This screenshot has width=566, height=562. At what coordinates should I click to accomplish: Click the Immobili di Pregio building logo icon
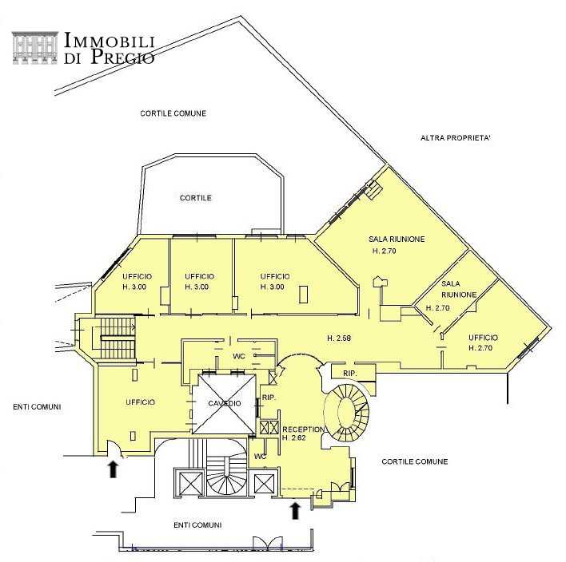35,48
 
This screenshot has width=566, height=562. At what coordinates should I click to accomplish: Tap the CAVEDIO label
225,403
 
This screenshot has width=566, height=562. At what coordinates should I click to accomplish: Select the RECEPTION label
304,429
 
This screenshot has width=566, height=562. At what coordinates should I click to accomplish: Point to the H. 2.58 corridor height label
339,338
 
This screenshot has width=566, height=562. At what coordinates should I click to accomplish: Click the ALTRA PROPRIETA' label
456,138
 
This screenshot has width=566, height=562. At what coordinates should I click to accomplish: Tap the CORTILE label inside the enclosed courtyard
196,198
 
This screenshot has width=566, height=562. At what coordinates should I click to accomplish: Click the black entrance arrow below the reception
296,511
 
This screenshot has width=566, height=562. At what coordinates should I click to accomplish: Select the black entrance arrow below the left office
114,469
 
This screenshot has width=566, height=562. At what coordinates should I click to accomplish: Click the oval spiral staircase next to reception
346,413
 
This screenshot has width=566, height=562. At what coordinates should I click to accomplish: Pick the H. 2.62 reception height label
294,438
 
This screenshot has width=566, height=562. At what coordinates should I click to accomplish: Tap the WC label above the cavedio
239,356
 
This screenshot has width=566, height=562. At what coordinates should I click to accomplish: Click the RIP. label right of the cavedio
269,398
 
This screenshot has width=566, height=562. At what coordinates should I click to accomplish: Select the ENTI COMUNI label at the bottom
197,525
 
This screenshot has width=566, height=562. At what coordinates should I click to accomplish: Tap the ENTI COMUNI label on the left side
37,407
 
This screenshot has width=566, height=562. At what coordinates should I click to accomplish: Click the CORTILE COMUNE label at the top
173,113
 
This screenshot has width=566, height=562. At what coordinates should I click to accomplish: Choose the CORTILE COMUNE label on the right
415,461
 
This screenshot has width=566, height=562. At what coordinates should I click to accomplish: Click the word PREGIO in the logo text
123,56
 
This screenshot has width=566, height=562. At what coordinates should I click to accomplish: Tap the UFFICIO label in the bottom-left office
141,402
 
